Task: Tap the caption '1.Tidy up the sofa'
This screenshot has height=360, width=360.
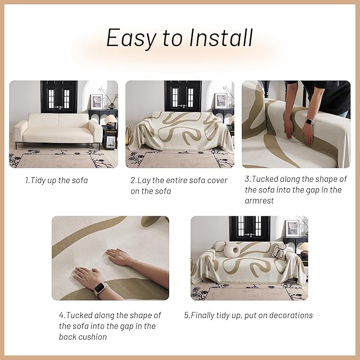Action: (56, 180)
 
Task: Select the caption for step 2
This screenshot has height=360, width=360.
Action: (179, 186)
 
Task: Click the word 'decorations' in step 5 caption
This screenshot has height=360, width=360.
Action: (286, 315)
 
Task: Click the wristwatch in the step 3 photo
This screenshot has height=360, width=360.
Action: (310, 121)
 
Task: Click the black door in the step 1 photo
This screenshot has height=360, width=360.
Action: (59, 96)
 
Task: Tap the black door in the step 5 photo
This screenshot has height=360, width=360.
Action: (249, 228)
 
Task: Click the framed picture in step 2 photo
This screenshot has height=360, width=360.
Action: (221, 101)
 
